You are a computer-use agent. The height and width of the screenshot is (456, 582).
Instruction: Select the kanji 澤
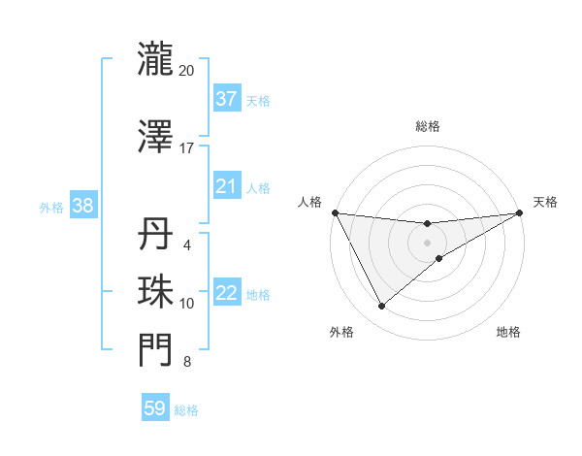(x=155, y=136)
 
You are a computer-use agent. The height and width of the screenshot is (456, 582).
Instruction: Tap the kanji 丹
(x=155, y=236)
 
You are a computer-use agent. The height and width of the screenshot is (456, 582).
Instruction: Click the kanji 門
(x=155, y=350)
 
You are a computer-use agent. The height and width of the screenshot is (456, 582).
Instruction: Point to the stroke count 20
(x=187, y=71)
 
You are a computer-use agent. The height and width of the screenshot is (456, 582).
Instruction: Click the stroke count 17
(x=187, y=148)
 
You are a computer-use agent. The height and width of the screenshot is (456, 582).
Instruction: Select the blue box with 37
(x=226, y=99)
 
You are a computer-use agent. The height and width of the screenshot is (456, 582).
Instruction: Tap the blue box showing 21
(x=226, y=186)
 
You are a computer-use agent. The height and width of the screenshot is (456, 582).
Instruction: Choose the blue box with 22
(x=226, y=294)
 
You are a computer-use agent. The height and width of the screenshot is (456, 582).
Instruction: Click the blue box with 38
(x=82, y=206)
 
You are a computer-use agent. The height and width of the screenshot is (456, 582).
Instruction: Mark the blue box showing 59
(x=155, y=408)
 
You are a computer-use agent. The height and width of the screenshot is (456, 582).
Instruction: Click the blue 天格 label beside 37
(x=258, y=101)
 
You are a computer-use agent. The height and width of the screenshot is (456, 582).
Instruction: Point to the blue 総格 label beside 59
(x=186, y=410)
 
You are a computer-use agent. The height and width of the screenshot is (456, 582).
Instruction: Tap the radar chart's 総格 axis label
(x=427, y=127)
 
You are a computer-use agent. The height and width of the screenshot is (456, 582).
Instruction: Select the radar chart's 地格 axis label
(x=508, y=333)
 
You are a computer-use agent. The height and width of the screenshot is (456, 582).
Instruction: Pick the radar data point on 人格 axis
(x=335, y=212)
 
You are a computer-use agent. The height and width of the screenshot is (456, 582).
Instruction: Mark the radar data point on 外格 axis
(x=381, y=307)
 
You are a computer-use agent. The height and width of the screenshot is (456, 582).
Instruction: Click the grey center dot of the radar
(x=427, y=243)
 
